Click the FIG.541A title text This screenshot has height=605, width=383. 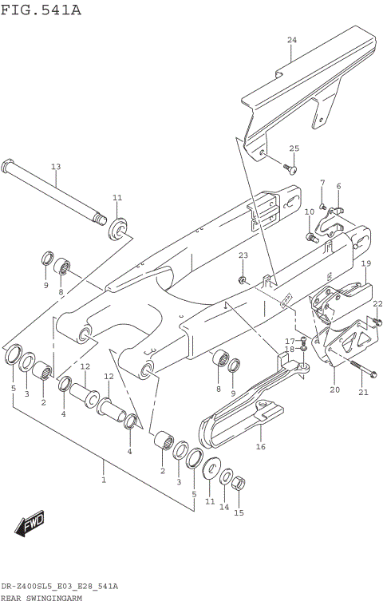[41, 10]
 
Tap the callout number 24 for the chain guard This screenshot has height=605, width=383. [291, 40]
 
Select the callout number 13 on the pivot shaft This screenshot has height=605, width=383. [56, 167]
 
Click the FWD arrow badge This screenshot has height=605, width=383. [31, 524]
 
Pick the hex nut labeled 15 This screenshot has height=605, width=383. [237, 481]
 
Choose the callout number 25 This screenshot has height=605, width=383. [294, 148]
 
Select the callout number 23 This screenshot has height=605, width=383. [243, 255]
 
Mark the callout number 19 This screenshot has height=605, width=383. [365, 263]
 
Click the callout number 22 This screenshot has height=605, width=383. [377, 303]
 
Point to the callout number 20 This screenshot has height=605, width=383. [334, 389]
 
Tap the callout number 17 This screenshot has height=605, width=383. [290, 341]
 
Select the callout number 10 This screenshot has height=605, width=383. [309, 212]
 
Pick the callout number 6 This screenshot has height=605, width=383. [338, 186]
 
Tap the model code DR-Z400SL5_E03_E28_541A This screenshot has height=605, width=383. [59, 586]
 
